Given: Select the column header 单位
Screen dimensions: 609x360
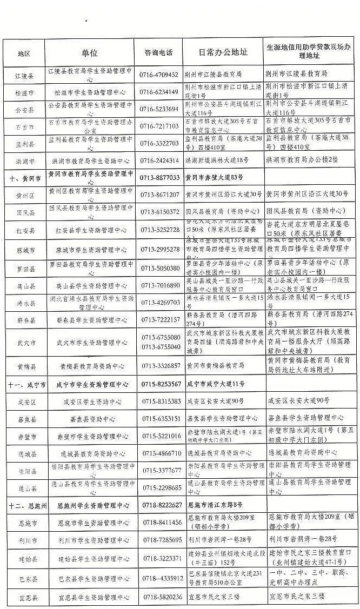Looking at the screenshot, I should tap(90, 53).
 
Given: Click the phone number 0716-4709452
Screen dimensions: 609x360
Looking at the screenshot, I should tap(159, 74).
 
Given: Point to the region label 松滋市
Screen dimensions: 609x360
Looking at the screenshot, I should tap(24, 92).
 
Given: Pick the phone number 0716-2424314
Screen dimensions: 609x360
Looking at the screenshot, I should tap(159, 161).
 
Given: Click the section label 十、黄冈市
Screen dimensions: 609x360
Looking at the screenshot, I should tap(24, 177).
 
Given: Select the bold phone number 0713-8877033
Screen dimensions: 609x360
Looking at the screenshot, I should tap(159, 177).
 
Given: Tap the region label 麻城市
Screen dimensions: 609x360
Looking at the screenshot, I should tap(24, 250).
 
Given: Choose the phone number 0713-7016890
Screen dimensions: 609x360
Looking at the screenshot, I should tap(159, 285).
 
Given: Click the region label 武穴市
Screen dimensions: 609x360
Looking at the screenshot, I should tap(24, 342).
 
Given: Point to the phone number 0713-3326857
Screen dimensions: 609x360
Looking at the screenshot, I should tap(160, 366).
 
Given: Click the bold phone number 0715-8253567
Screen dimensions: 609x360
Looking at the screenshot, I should tap(160, 384).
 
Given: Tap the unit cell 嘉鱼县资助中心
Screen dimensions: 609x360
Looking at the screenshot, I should tap(90, 419).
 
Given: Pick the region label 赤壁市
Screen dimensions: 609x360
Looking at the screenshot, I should tap(24, 436).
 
